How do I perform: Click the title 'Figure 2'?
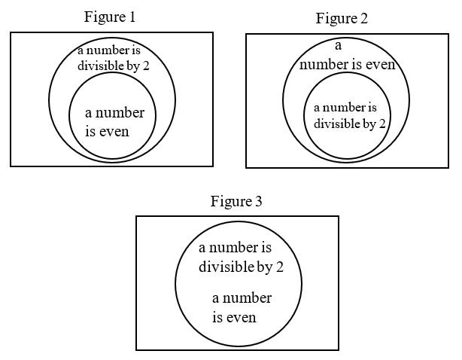click(342, 18)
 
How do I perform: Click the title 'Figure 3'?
click(236, 202)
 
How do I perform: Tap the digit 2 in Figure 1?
click(146, 66)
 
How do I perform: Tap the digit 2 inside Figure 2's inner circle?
click(383, 124)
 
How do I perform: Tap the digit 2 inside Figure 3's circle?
click(279, 267)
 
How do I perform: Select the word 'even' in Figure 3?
click(241, 317)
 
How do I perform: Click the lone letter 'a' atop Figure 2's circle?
click(339, 46)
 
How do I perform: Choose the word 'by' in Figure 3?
click(264, 267)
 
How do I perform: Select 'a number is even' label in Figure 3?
click(241, 307)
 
